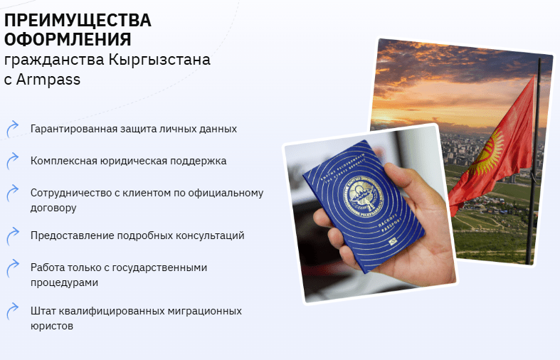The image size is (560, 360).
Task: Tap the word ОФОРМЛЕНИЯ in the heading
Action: [x=68, y=39]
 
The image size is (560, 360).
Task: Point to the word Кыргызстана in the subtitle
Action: [x=160, y=60]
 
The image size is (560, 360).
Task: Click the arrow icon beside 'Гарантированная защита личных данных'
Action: [x=12, y=129]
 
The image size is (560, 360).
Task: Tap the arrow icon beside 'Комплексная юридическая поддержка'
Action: [x=12, y=161]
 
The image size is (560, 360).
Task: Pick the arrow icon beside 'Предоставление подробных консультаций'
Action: [x=12, y=235]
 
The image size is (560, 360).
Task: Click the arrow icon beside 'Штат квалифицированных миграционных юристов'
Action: [x=12, y=312]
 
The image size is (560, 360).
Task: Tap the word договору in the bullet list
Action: [x=53, y=208]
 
